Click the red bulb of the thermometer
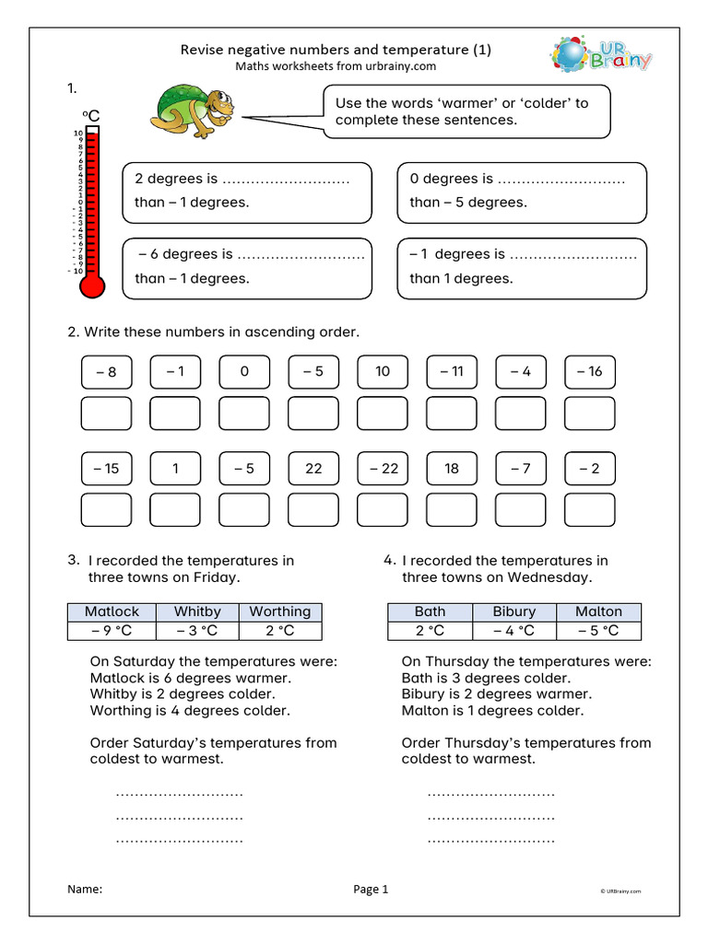click(92, 286)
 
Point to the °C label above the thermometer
click(90, 115)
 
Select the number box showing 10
click(383, 372)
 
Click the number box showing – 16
click(589, 372)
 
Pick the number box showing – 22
click(383, 469)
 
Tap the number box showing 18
click(452, 469)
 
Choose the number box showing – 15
click(106, 469)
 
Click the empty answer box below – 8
click(106, 413)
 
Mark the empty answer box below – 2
click(589, 509)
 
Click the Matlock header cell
click(112, 611)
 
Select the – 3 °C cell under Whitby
click(197, 631)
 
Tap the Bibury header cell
click(513, 611)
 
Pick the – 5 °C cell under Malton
click(598, 631)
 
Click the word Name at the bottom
click(85, 889)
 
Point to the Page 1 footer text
click(371, 889)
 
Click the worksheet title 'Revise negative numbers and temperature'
click(335, 50)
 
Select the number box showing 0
click(244, 372)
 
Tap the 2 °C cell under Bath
click(430, 631)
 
